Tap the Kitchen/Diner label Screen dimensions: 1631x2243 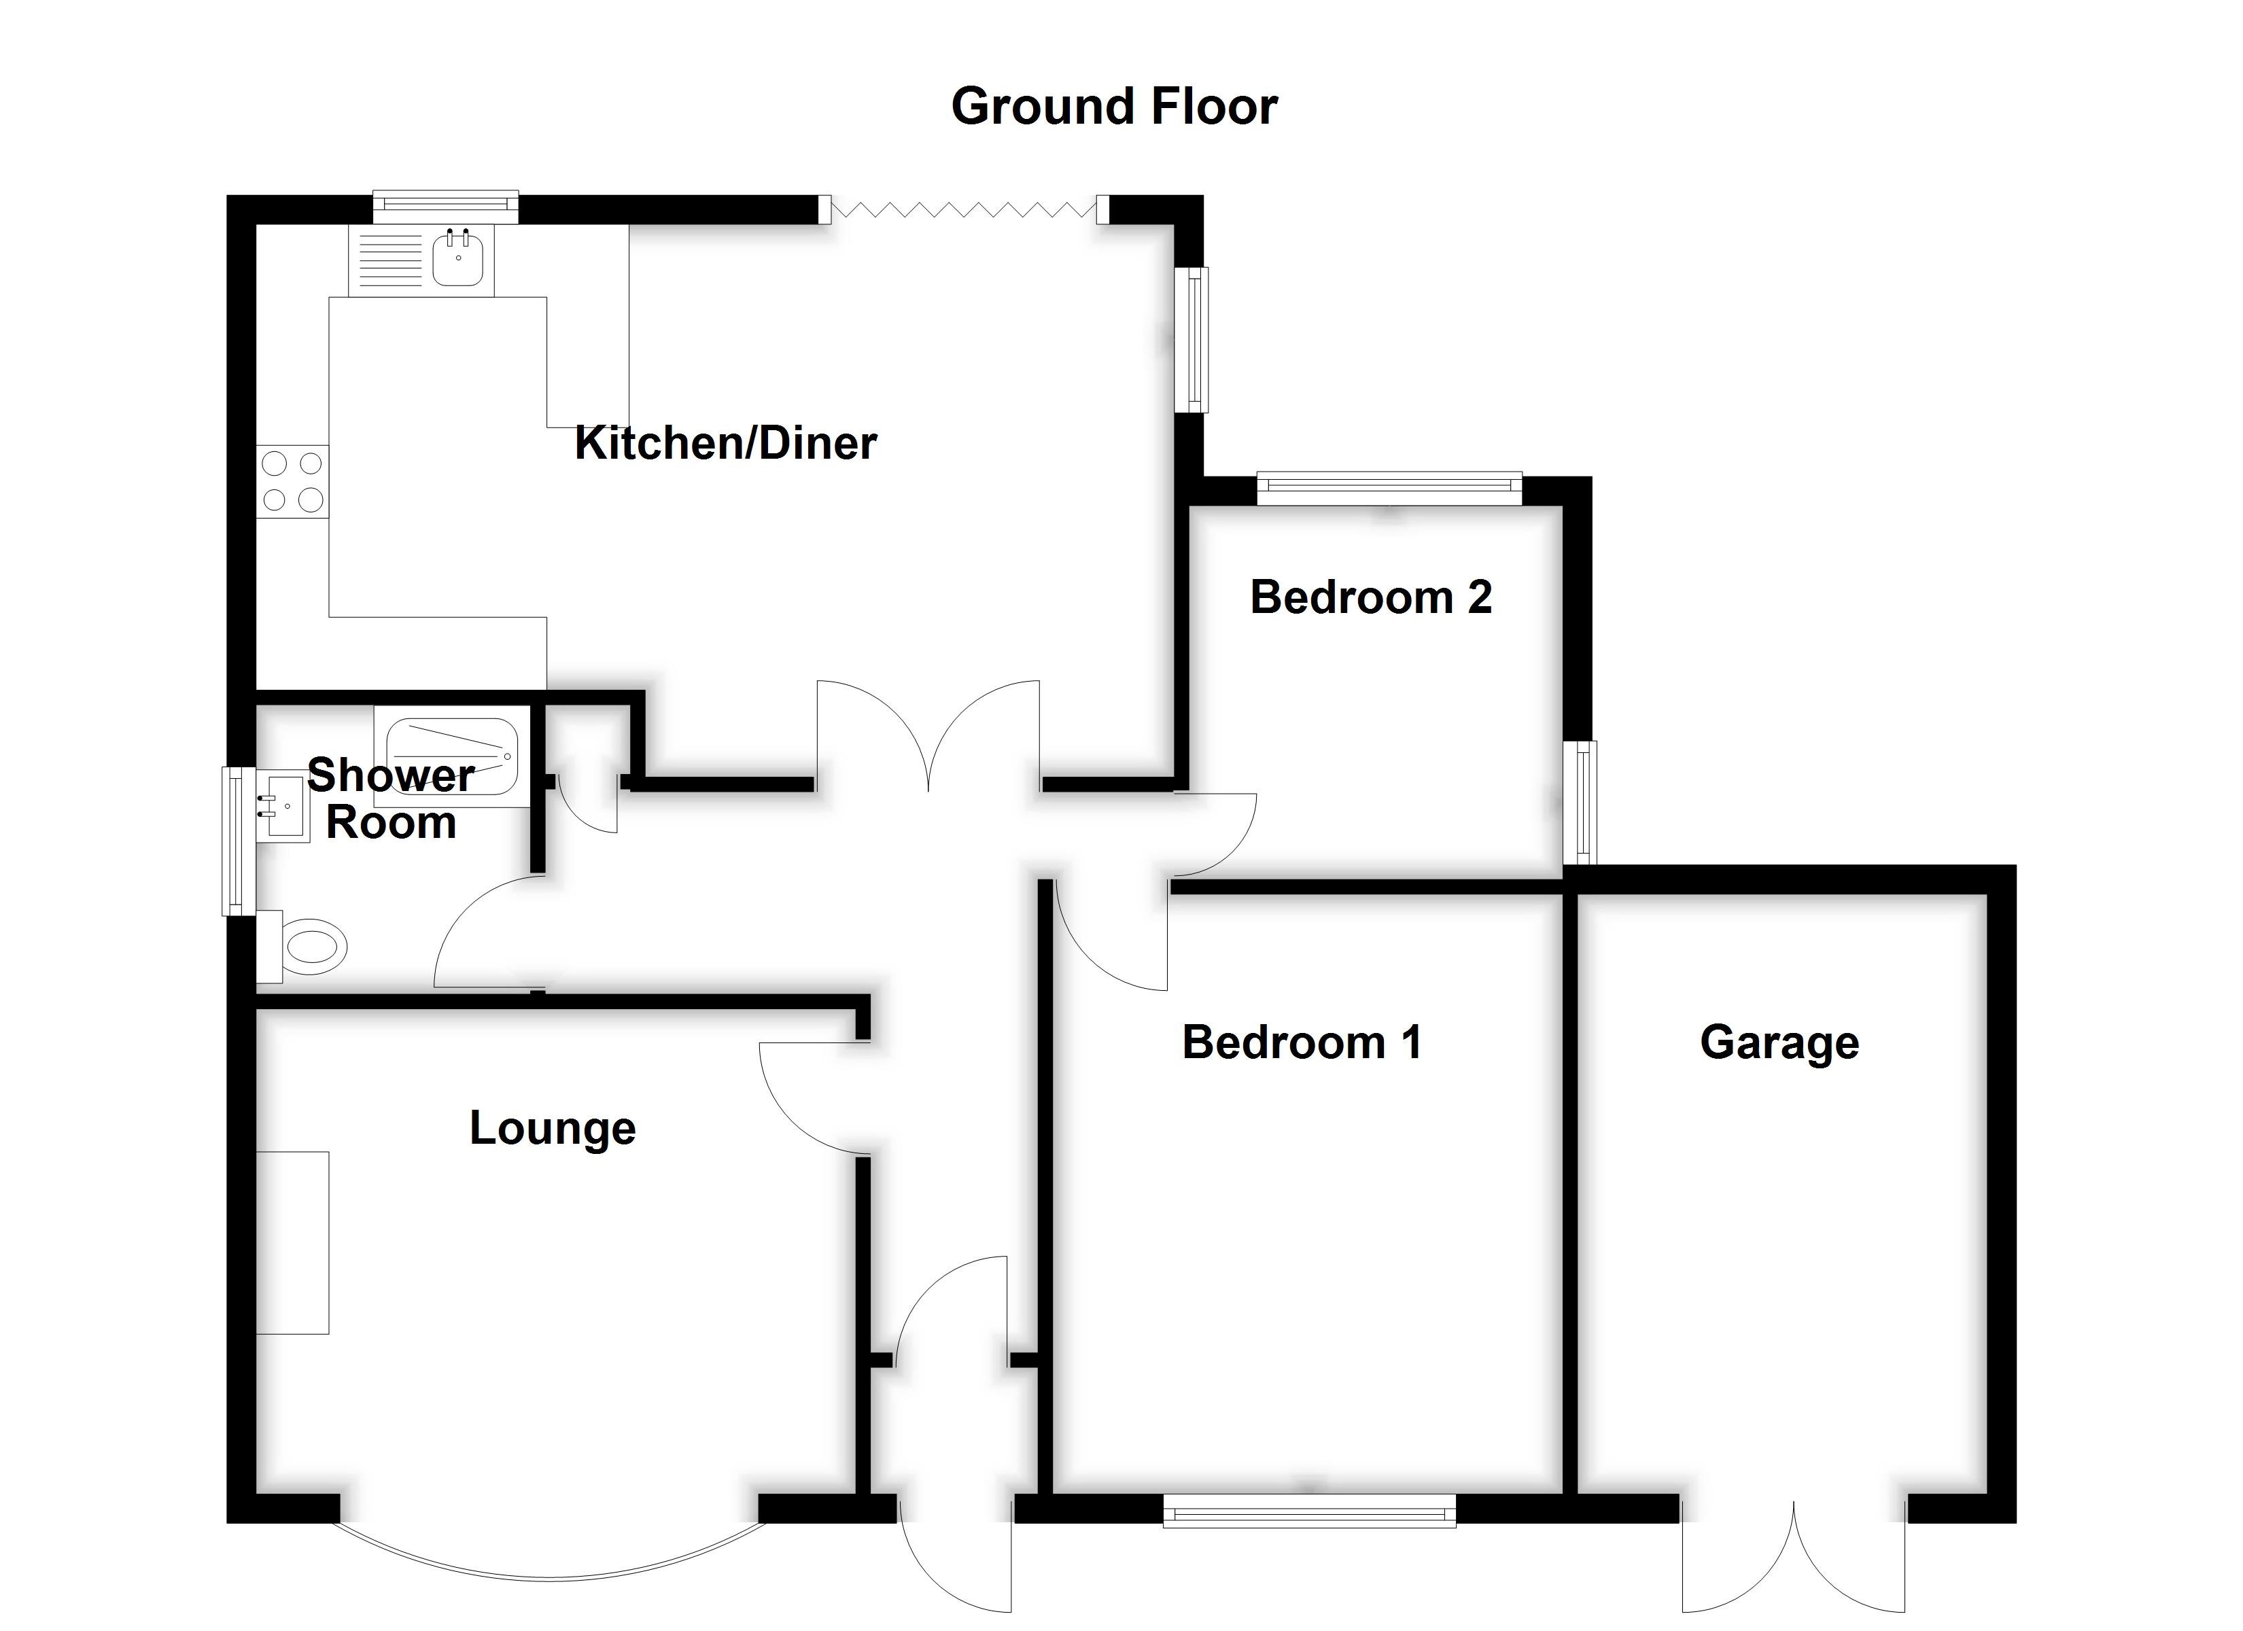725,442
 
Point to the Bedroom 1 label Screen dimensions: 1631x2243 1302,1042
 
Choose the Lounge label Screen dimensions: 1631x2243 552,1127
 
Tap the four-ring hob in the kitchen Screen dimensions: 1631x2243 292,482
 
